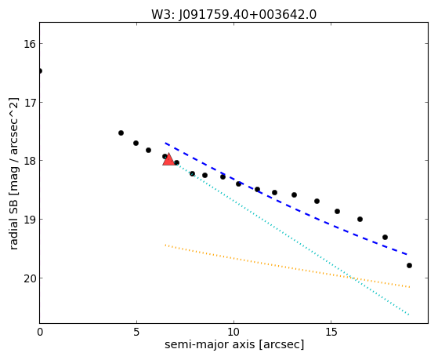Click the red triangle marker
click(168, 159)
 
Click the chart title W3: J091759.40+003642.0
click(233, 15)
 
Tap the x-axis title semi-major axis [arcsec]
click(234, 344)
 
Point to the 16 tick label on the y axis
click(30, 44)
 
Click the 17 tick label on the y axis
click(30, 103)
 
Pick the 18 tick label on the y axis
click(30, 161)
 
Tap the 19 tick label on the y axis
click(30, 220)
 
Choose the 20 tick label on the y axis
click(30, 278)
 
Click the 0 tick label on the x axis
click(40, 333)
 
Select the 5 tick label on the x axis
click(136, 333)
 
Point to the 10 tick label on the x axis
click(233, 333)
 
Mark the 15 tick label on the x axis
click(331, 333)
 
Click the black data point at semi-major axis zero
click(40, 71)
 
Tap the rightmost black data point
click(409, 265)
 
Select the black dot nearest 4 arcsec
click(121, 133)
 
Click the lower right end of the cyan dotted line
click(409, 315)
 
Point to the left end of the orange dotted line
click(165, 245)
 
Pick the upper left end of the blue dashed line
click(165, 144)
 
